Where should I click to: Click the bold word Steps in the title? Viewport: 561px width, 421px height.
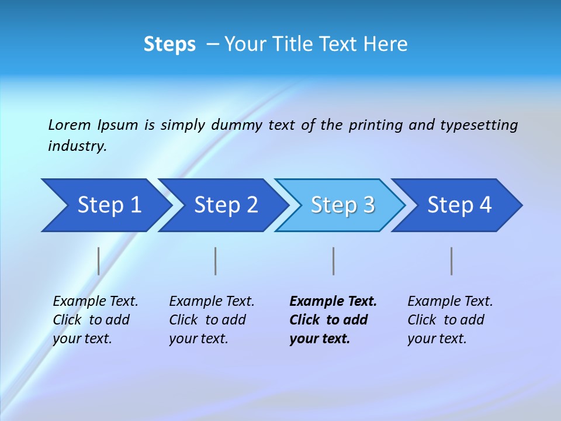coord(169,44)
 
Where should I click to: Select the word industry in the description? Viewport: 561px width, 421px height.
coord(77,146)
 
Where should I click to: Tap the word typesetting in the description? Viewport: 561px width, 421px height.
coord(479,125)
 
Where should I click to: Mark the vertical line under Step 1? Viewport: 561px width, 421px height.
coord(99,261)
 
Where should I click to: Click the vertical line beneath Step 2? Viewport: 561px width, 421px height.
coord(216,261)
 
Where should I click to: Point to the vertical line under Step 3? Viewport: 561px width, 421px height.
coord(333,261)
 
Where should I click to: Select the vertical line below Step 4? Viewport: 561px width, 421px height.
coord(451,261)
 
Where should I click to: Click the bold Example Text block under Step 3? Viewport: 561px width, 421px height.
coord(333,320)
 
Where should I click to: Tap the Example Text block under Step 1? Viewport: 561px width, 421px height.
coord(95,320)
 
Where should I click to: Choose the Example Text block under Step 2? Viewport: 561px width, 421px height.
coord(212,320)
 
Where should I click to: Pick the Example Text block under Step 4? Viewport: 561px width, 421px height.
coord(450,320)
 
